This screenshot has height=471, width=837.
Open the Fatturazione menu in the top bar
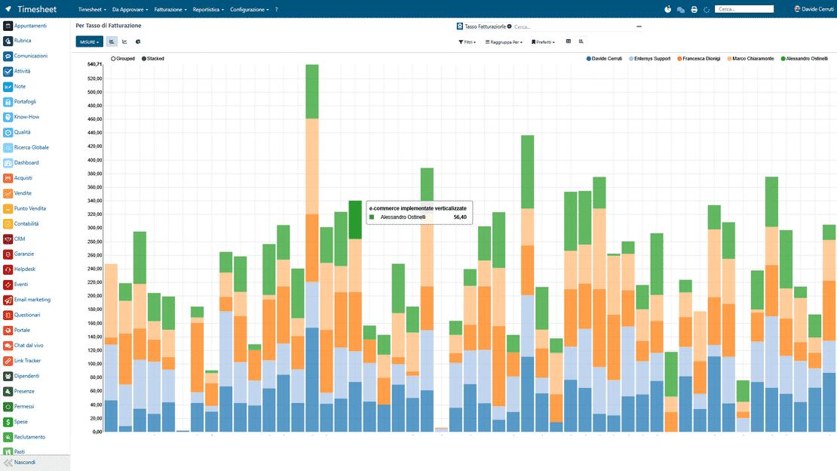click(x=170, y=10)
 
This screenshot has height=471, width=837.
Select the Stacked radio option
click(x=152, y=59)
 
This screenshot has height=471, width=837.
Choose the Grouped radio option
click(x=123, y=59)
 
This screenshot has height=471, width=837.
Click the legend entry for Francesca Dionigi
click(x=698, y=59)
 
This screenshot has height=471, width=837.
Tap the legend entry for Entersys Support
click(x=649, y=59)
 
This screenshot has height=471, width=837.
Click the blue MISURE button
click(x=89, y=42)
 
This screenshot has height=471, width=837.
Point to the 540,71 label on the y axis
click(x=94, y=64)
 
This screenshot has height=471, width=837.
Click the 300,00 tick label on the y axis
click(x=94, y=228)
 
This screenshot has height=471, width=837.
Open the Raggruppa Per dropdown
click(x=504, y=42)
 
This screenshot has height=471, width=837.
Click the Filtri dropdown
click(x=467, y=42)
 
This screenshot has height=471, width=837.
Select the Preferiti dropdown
click(x=543, y=42)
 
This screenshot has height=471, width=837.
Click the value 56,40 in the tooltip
click(x=460, y=217)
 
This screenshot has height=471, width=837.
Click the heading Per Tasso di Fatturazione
click(x=109, y=26)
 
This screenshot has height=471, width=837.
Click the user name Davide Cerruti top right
click(x=814, y=9)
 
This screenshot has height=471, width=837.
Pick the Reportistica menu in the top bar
click(x=208, y=10)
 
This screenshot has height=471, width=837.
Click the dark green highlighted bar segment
click(x=355, y=220)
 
